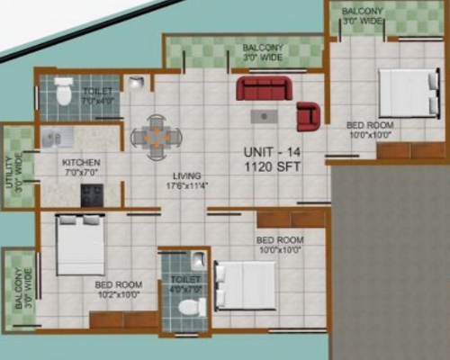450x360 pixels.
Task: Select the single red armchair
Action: (x=309, y=115)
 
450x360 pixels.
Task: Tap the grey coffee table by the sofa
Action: (x=263, y=115)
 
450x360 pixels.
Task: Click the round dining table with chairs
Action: (x=156, y=137)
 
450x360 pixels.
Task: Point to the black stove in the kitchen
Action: (x=91, y=194)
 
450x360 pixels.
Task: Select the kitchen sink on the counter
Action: (x=51, y=138)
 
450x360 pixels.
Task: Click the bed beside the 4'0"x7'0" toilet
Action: (x=245, y=284)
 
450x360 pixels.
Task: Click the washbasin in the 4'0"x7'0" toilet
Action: (x=197, y=262)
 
